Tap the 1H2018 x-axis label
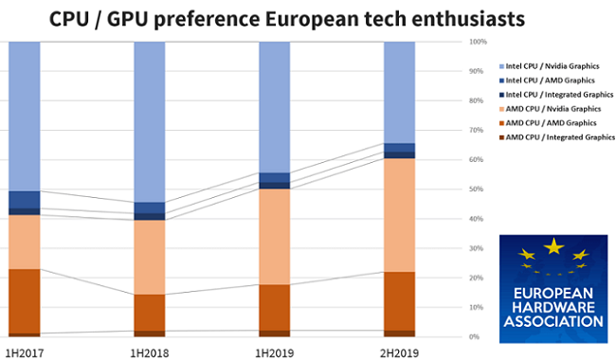click(x=149, y=352)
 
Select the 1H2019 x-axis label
click(x=274, y=352)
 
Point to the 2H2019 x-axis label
click(x=399, y=352)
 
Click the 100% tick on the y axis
click(x=478, y=42)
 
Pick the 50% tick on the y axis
click(x=478, y=189)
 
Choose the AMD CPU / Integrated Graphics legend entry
click(x=558, y=137)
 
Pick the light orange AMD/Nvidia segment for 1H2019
click(x=274, y=236)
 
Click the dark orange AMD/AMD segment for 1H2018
click(x=149, y=312)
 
